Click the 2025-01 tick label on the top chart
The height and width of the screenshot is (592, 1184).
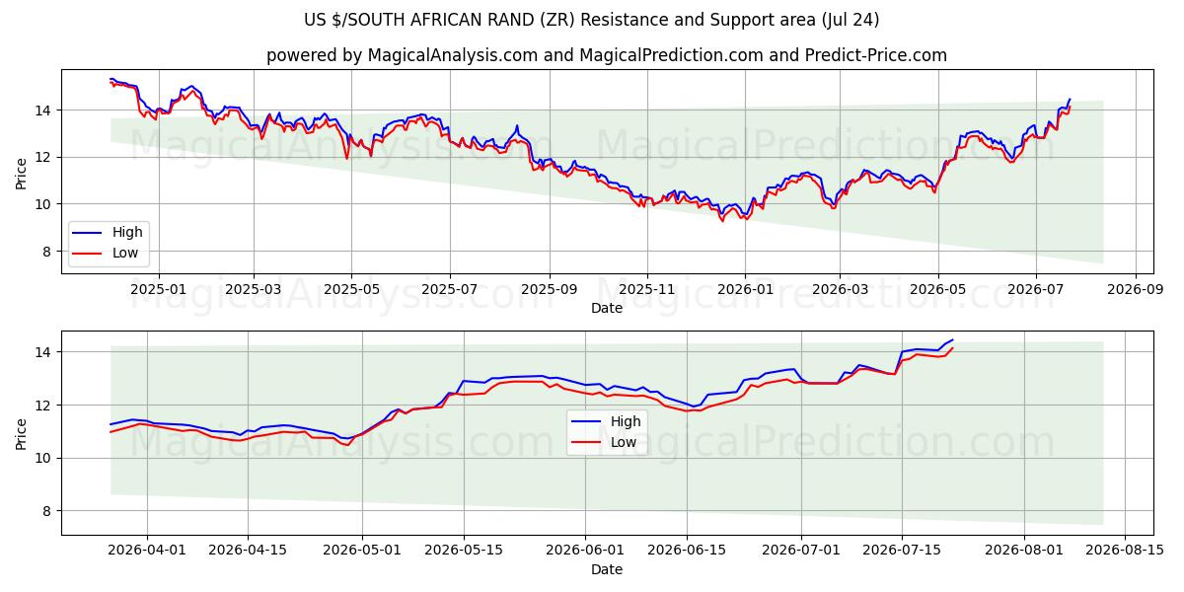pos(159,289)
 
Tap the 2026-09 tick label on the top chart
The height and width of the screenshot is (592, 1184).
pos(1136,289)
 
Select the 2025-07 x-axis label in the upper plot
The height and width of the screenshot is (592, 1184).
pos(450,289)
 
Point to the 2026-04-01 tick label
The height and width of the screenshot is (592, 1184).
pos(147,550)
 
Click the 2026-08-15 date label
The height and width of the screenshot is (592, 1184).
pos(1125,550)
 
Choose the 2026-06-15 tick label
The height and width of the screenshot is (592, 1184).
pos(687,550)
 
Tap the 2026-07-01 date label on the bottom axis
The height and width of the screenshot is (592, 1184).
pos(801,550)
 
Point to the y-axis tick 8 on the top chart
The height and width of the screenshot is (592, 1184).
pos(46,252)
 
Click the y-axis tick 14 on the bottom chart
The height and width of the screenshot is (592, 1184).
pos(43,352)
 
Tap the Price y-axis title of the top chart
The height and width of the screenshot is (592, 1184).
pos(21,174)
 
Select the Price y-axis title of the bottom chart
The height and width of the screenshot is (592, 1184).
pos(21,434)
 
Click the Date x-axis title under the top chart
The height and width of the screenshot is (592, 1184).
pos(607,308)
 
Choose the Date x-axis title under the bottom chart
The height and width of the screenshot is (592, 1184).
pos(607,569)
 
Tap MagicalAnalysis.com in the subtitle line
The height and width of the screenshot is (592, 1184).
pos(453,55)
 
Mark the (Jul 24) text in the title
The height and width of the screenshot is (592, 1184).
pos(851,20)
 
